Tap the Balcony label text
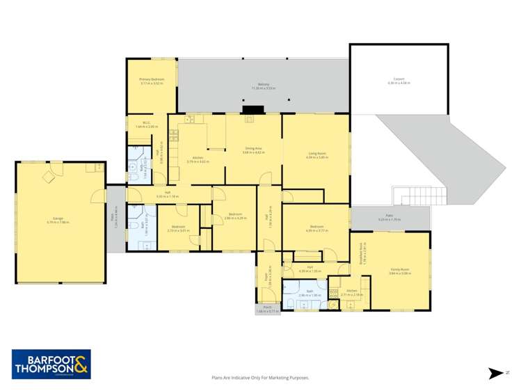pyautogui.click(x=264, y=86)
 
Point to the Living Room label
pyautogui.click(x=316, y=155)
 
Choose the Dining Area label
pyautogui.click(x=253, y=150)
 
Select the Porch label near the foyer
pyautogui.click(x=267, y=310)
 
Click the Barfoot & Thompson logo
pyautogui.click(x=51, y=364)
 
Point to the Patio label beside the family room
pyautogui.click(x=385, y=218)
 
